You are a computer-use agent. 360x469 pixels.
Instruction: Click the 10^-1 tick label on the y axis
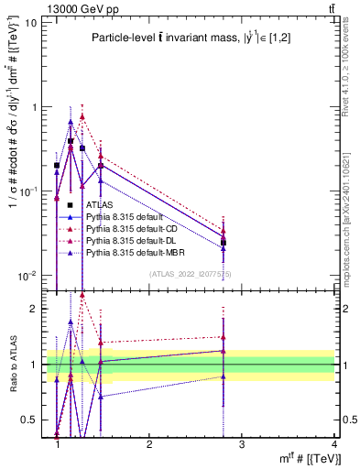(x=28, y=191)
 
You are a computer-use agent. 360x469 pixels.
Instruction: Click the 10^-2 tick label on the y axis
(x=28, y=276)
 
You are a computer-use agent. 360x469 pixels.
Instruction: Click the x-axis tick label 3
(x=241, y=443)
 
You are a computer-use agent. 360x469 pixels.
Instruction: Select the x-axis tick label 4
(x=333, y=443)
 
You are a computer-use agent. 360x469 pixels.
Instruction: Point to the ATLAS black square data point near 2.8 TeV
(x=224, y=243)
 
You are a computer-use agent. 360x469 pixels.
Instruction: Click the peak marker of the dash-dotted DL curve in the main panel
(x=82, y=116)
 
